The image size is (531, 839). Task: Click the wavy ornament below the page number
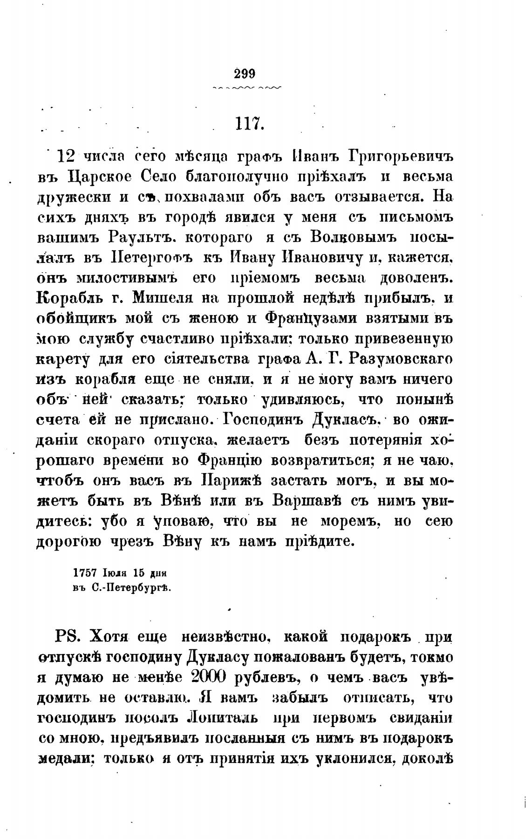point(246,88)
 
